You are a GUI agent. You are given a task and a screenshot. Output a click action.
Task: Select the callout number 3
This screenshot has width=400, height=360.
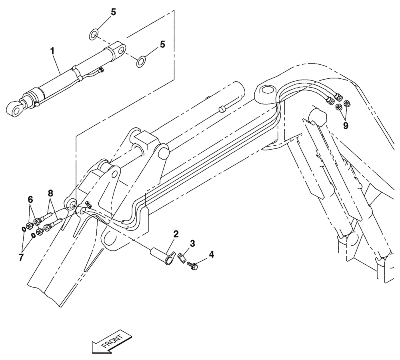192,244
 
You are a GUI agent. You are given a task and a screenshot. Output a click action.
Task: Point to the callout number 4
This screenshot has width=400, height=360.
211,254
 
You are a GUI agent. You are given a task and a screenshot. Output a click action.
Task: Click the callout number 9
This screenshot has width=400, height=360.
345,125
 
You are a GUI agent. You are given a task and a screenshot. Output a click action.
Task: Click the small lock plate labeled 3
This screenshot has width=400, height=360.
182,257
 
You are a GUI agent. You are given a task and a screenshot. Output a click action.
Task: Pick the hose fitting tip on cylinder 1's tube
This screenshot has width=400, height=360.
102,70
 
